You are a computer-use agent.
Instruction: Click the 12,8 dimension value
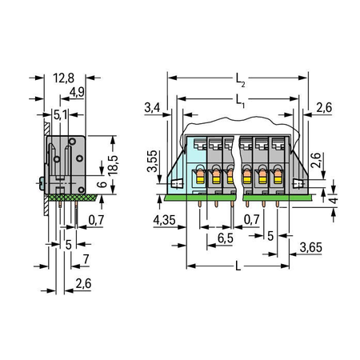pyautogui.click(x=63, y=78)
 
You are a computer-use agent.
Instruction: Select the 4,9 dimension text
pyautogui.click(x=77, y=92)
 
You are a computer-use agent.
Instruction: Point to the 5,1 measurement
pyautogui.click(x=61, y=115)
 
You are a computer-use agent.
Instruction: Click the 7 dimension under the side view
pyautogui.click(x=86, y=259)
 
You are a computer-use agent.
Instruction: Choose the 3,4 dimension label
pyautogui.click(x=152, y=108)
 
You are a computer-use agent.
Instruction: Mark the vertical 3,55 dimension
pyautogui.click(x=153, y=161)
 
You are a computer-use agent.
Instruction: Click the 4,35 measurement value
pyautogui.click(x=164, y=220)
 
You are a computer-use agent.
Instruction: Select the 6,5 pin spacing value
pyautogui.click(x=226, y=238)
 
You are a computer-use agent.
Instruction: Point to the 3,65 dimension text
pyautogui.click(x=311, y=247)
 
